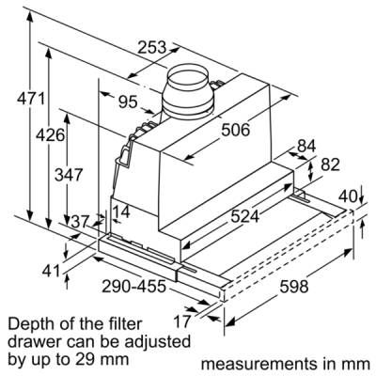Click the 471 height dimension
point(30,100)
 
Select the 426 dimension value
point(50,135)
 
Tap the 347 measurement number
point(69,174)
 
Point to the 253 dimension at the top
point(152,47)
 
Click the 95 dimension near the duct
point(128,102)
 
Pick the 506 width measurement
point(236,130)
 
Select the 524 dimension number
point(245,216)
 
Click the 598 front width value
point(294,286)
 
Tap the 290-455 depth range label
point(133,286)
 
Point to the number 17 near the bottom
point(182,321)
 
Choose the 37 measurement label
point(80,222)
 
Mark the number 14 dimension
point(121,211)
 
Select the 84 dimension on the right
point(306,146)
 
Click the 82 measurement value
point(330,164)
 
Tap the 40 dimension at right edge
point(349,196)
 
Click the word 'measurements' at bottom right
point(258,364)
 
